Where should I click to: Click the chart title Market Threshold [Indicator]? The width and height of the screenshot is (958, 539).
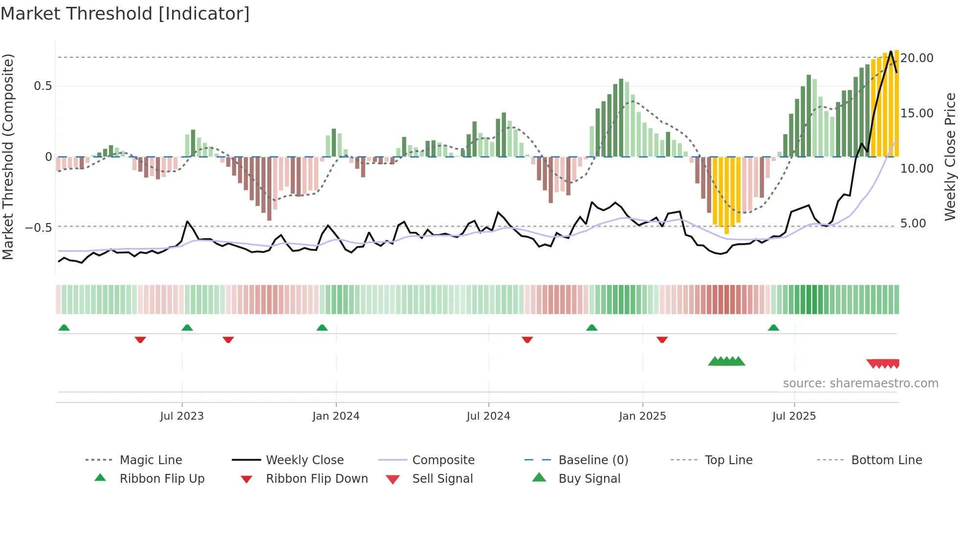(125, 14)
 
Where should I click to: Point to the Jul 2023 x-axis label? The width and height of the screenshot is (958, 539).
(182, 416)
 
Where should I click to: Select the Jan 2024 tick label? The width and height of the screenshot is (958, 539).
(336, 416)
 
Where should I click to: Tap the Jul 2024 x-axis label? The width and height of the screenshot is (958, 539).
(488, 416)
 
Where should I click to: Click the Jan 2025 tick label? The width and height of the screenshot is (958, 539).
(642, 416)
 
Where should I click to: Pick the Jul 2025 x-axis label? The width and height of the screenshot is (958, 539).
(794, 416)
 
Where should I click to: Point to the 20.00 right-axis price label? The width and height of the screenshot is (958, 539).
(917, 58)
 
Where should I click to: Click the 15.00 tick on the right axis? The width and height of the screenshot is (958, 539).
(917, 113)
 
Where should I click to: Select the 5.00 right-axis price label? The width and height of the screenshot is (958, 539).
(913, 224)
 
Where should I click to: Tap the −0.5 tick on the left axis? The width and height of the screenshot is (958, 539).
(39, 228)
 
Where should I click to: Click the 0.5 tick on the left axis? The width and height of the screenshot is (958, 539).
(43, 87)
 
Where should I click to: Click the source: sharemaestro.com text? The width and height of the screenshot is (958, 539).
(860, 383)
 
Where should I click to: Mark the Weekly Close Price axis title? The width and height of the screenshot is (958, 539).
(950, 157)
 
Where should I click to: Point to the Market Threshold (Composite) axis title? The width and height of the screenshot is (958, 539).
(8, 157)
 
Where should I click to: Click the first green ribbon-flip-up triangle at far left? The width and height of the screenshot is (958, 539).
(64, 328)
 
